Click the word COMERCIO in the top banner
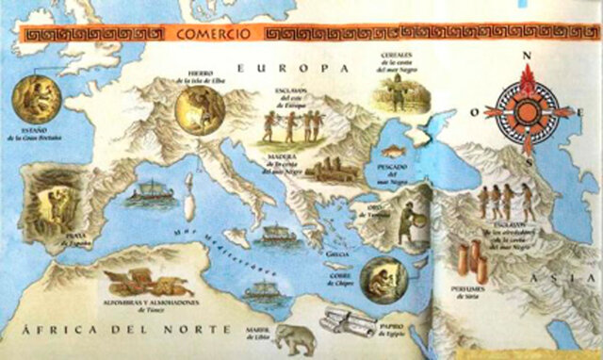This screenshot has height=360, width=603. tap(218, 35)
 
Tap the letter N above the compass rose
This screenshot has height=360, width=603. tap(527, 55)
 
